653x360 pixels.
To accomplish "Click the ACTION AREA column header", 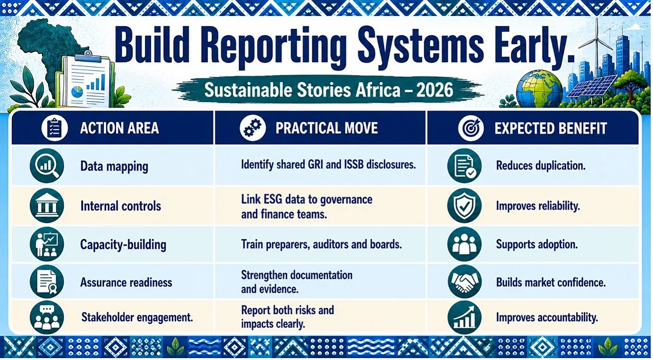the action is tap(119, 128).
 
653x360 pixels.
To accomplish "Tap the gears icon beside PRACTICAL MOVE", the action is tap(252, 128).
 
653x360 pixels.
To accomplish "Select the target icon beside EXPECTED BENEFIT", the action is tap(471, 128).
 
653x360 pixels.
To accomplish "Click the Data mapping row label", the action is tap(114, 167).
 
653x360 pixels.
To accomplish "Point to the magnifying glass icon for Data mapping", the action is tap(47, 166).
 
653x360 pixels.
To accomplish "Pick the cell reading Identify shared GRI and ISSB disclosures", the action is tap(328, 165).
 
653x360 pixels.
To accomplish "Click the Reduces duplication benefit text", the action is tap(541, 166).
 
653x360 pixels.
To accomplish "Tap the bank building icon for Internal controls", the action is tap(47, 206).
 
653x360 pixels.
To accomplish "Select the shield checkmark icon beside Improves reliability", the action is tap(464, 206).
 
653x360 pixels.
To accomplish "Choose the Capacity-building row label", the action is tap(123, 244).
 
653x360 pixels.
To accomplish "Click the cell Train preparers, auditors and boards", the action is tap(321, 244).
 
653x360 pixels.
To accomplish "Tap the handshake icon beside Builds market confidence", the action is tap(464, 282).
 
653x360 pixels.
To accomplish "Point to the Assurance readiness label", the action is tap(126, 283).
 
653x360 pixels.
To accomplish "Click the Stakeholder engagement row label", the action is tap(137, 317).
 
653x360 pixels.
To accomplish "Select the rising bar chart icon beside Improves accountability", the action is tap(464, 318).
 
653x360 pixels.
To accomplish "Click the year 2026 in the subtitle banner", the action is tap(435, 90).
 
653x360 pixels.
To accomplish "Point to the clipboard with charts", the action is tap(87, 79).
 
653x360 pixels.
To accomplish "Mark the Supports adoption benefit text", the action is tap(536, 244).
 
